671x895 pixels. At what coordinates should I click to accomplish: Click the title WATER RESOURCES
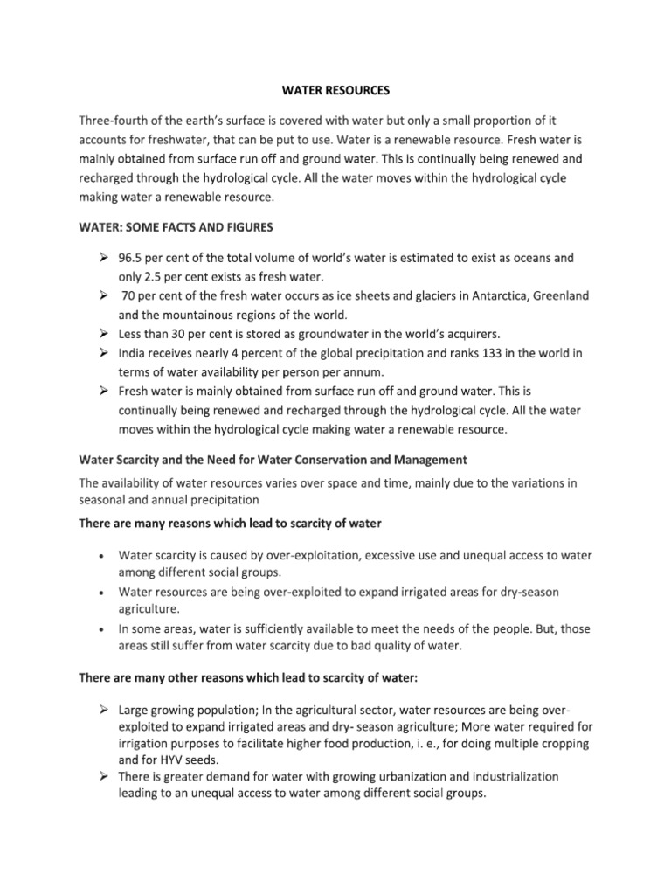[x=335, y=89]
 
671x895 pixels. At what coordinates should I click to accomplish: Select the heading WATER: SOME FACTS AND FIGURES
[x=176, y=227]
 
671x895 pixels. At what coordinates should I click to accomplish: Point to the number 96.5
[x=132, y=259]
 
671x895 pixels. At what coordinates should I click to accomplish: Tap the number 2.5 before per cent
[x=155, y=277]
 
